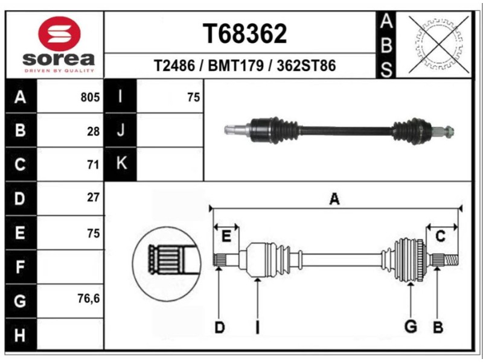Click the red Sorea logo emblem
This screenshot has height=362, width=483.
(59, 34)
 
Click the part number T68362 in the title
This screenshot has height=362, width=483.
(245, 34)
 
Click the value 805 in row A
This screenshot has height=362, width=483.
(90, 97)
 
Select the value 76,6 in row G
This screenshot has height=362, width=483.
(88, 299)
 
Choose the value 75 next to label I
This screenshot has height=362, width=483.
(193, 97)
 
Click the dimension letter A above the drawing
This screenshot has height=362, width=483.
(334, 200)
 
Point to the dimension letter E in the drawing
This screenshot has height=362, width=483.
(226, 237)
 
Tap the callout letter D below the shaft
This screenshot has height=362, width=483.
(219, 328)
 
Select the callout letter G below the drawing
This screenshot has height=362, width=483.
(411, 327)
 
